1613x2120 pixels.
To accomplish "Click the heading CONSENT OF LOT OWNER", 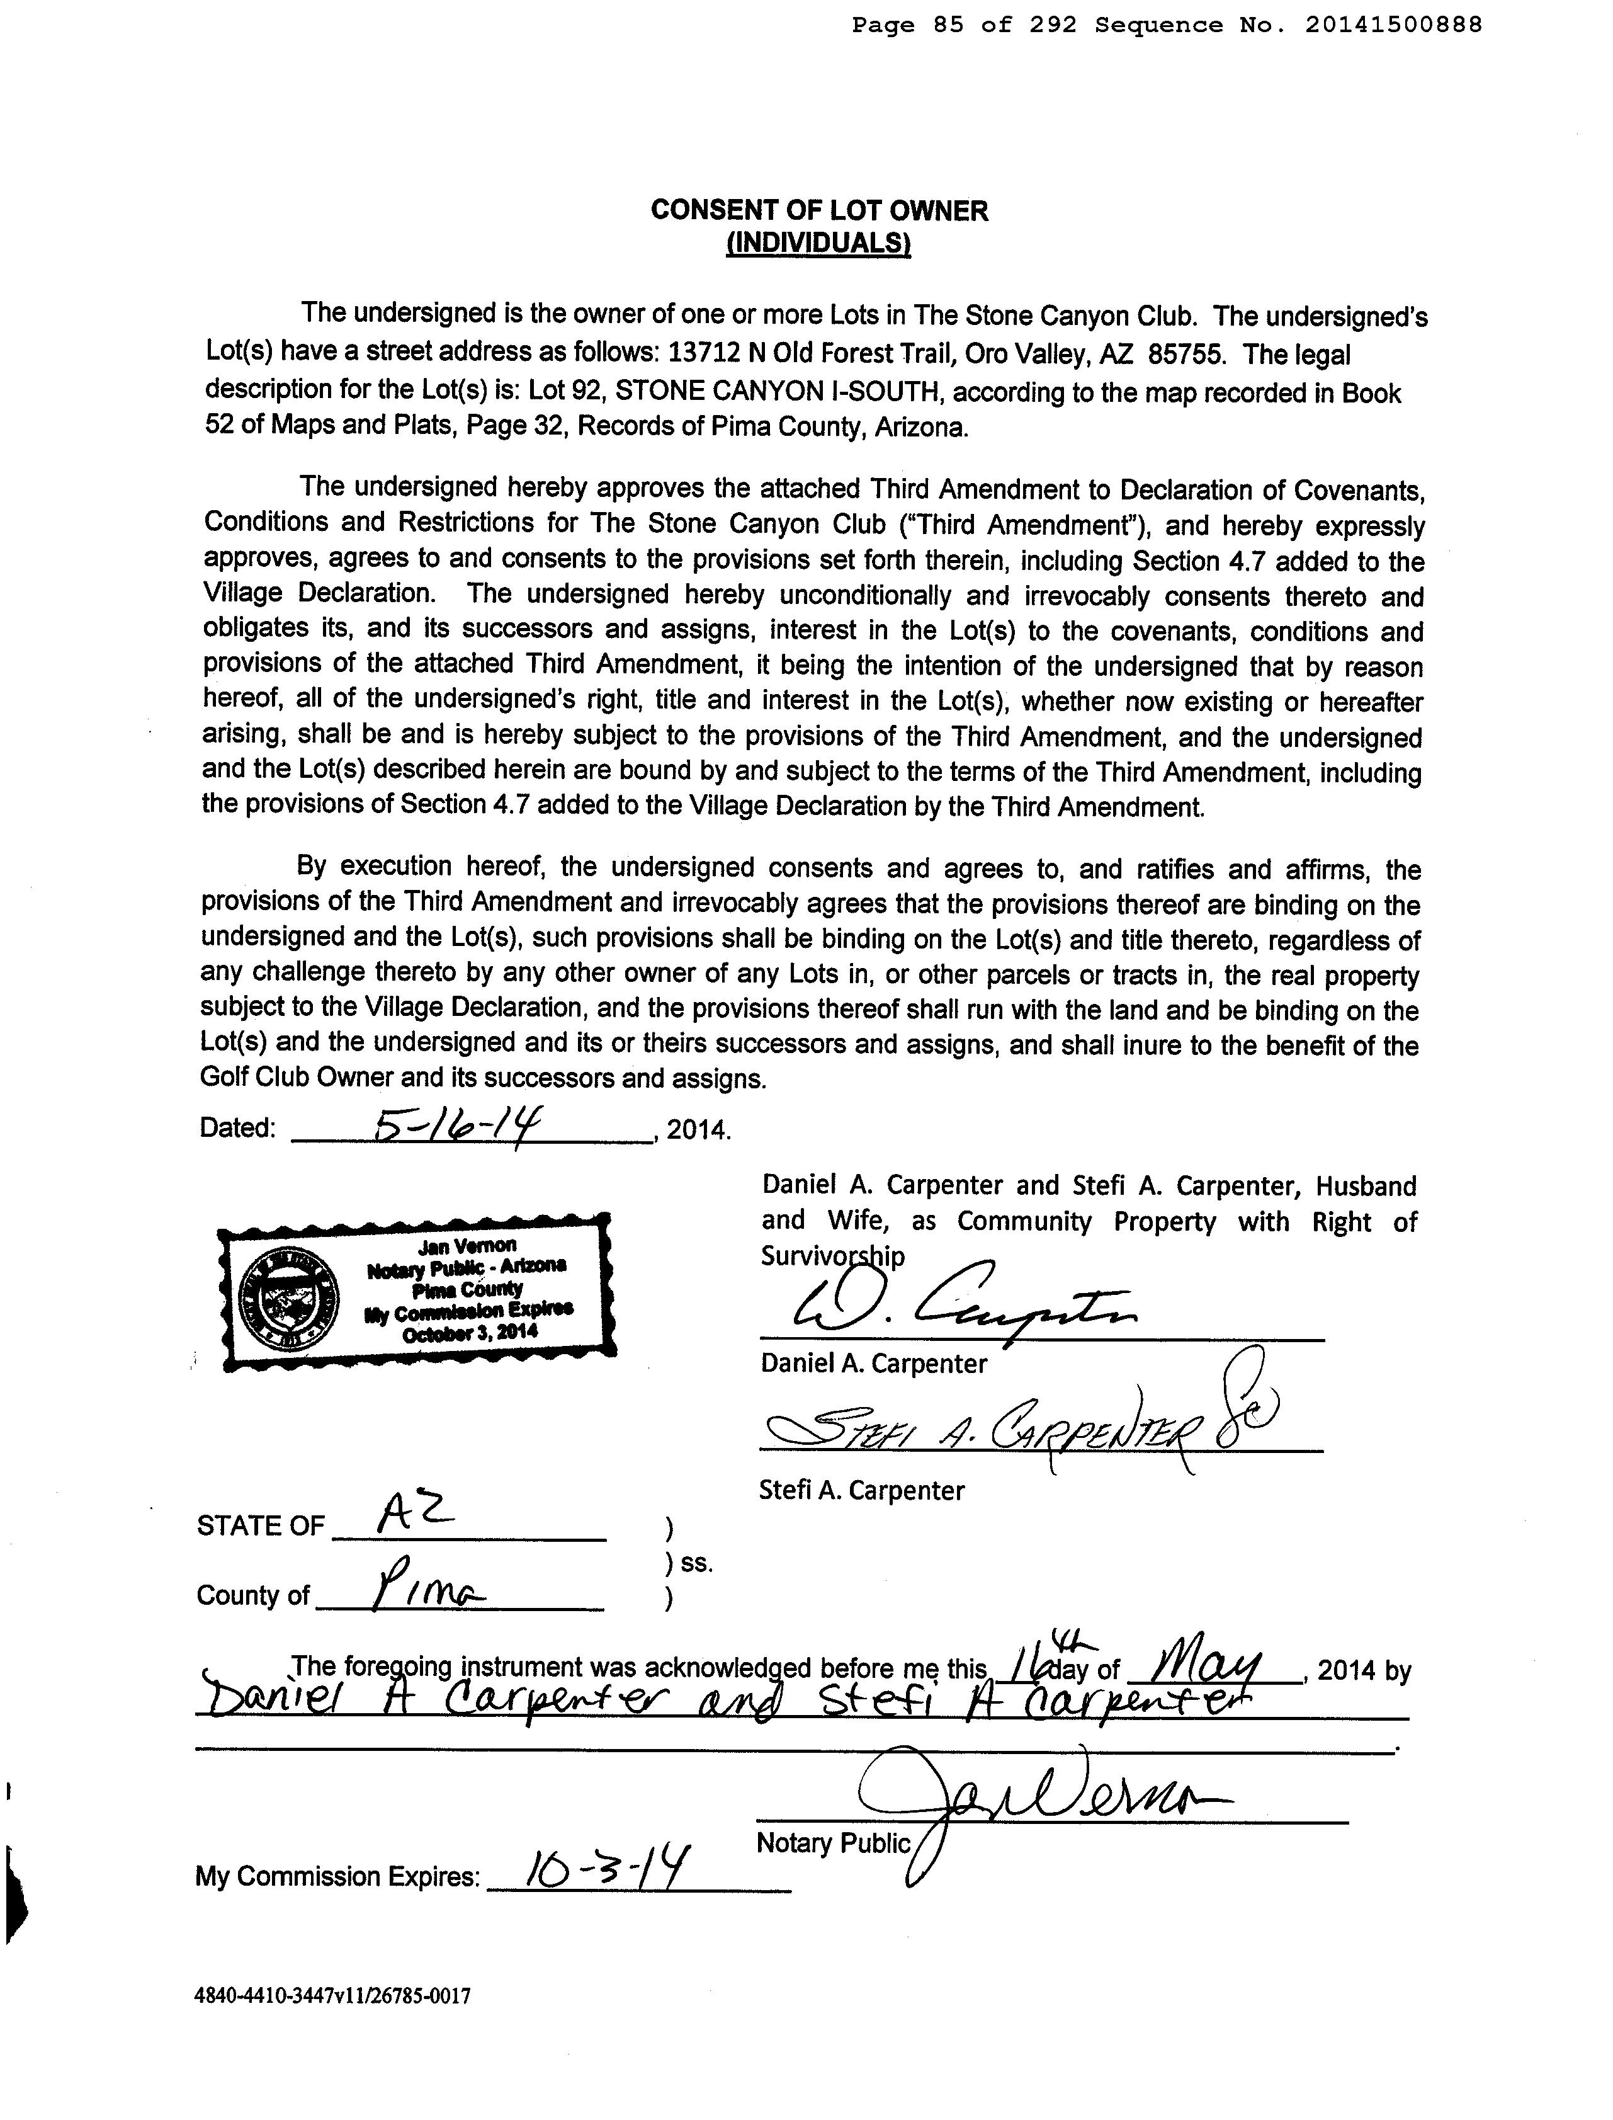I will [819, 210].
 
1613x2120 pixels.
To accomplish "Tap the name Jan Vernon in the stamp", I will [468, 1246].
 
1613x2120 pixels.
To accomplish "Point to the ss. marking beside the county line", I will [696, 1563].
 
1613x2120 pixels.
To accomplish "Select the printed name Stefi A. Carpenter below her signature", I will [861, 1491].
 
